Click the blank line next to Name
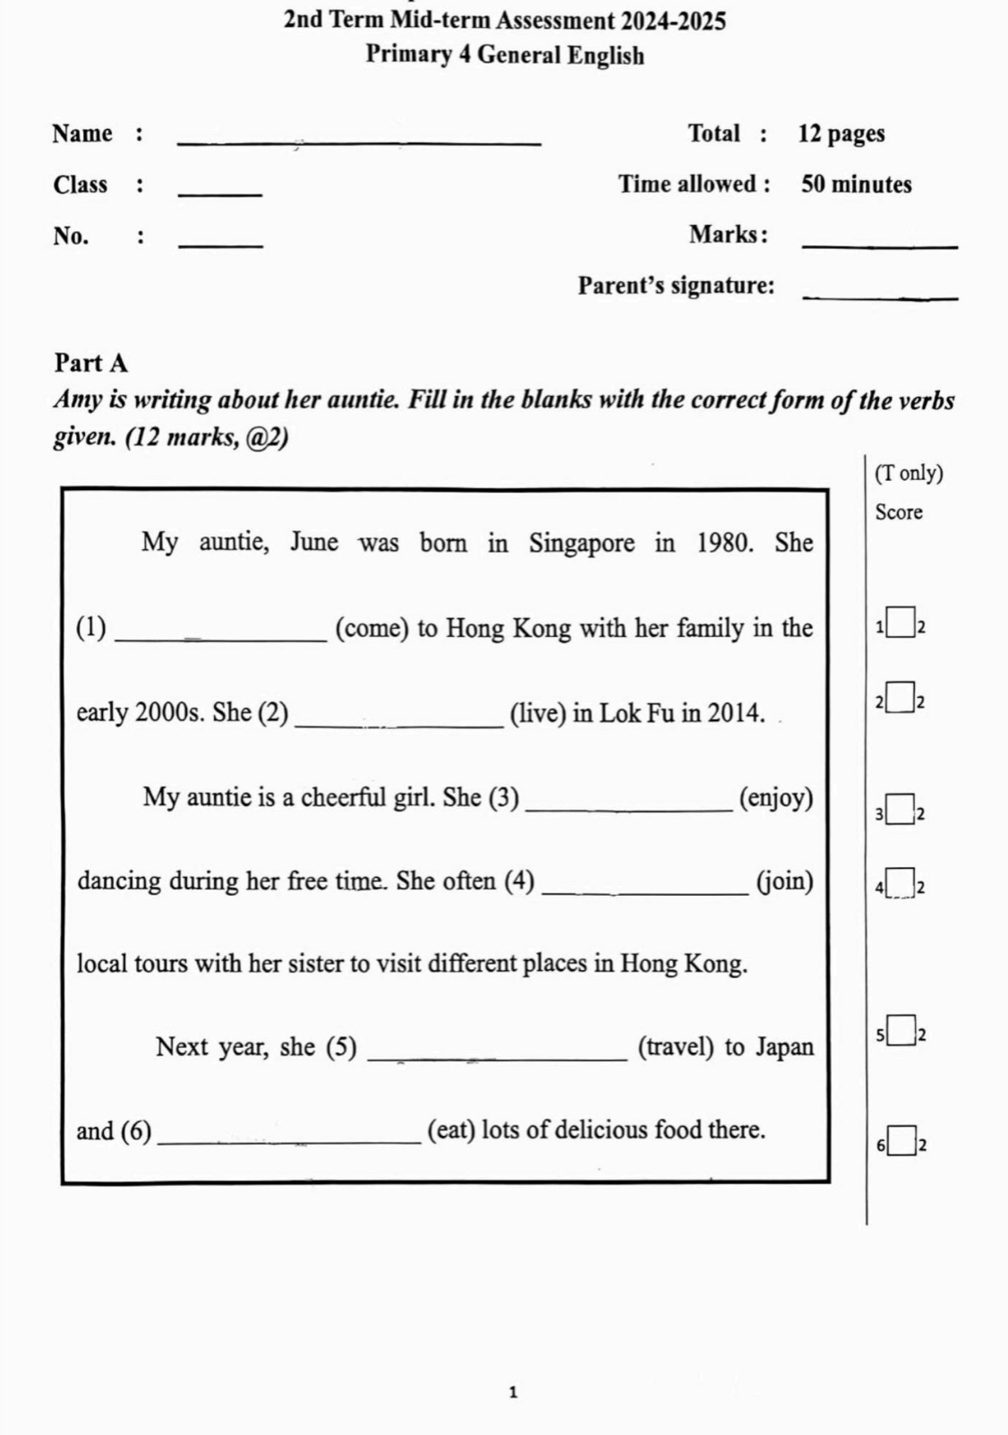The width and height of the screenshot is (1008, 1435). (360, 142)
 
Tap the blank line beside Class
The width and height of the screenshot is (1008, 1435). (221, 193)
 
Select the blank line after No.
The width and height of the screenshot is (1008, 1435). (221, 244)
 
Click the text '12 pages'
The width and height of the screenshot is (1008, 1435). (841, 134)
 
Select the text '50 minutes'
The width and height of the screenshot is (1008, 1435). (856, 185)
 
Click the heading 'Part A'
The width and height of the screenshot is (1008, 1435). (91, 363)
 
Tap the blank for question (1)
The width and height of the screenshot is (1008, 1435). (222, 637)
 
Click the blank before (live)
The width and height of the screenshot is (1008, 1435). (398, 723)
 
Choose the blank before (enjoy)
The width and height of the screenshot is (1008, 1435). (630, 808)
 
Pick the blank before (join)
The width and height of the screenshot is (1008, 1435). (645, 891)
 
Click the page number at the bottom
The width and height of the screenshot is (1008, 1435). (513, 1392)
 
